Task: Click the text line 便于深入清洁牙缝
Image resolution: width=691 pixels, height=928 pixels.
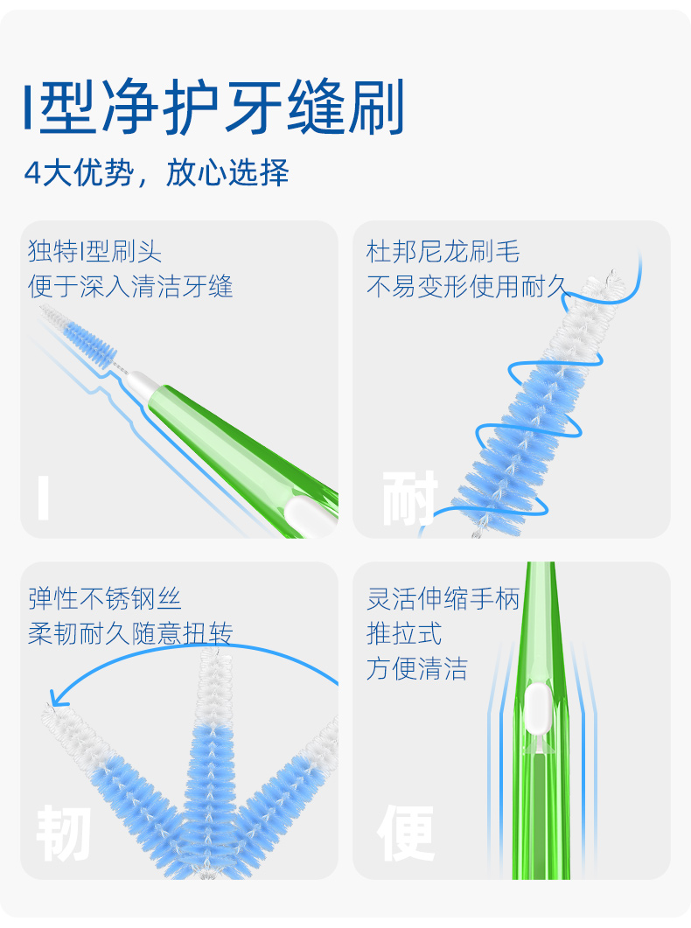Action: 130,287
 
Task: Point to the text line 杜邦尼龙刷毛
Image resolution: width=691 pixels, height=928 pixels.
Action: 443,253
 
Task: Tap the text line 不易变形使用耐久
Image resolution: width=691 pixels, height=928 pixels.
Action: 468,287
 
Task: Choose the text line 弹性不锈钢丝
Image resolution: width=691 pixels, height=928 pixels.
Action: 104,599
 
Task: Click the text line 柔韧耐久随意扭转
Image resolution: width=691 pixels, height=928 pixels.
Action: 130,634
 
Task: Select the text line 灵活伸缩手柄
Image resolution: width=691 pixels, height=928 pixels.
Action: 443,599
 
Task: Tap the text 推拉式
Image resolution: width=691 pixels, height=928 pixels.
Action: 404,634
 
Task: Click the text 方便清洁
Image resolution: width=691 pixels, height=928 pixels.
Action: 416,670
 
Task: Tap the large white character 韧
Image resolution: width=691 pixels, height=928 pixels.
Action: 64,834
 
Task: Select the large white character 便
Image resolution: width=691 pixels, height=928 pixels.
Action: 407,834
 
